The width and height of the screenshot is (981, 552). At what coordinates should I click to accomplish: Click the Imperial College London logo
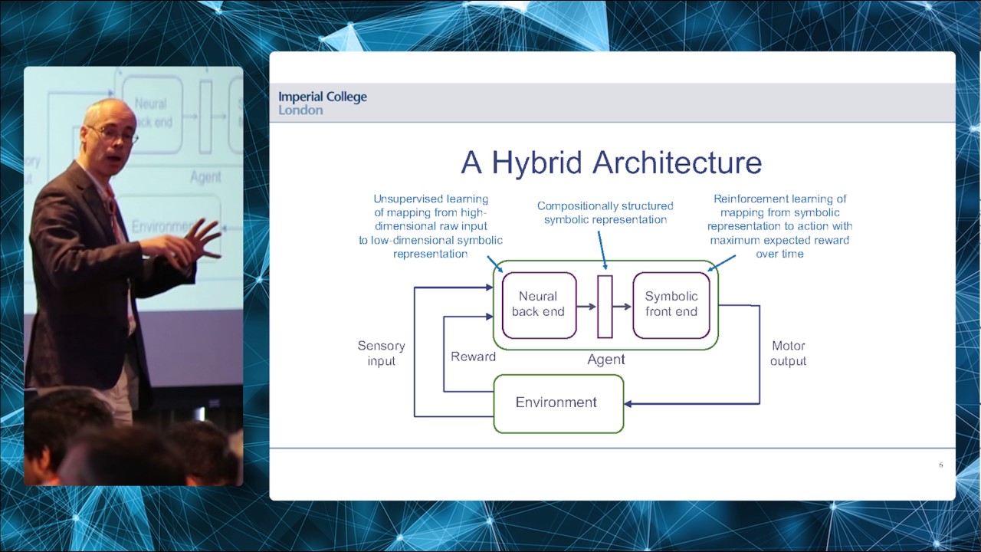pos(323,103)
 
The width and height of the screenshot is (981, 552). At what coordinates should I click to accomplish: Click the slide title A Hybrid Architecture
pos(611,163)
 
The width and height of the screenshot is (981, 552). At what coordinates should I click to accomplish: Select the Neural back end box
pos(538,304)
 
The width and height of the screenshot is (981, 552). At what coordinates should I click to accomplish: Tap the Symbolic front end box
pos(671,304)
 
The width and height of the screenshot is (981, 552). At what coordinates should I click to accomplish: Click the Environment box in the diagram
pos(557,403)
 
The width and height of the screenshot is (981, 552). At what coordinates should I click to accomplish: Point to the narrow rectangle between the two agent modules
pos(605,307)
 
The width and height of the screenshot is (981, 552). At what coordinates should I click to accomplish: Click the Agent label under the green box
pos(605,360)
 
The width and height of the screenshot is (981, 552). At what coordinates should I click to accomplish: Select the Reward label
pos(473,356)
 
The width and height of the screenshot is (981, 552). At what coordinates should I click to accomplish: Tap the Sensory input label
pos(381,353)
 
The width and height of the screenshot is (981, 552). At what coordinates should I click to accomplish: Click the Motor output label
pos(788,353)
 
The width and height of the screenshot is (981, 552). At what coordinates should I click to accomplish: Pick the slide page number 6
pos(940,465)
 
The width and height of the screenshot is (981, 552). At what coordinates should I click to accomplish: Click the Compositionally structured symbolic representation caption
pos(605,212)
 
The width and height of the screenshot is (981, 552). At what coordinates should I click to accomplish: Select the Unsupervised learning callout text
pos(431,226)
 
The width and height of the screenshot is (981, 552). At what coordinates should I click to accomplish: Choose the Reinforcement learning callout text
pos(779,226)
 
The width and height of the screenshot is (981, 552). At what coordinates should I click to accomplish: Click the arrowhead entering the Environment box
pos(629,403)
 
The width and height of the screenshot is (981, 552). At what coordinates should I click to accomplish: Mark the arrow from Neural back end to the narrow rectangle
pos(586,307)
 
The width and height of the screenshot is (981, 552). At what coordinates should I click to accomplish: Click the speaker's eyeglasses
pos(115,135)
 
